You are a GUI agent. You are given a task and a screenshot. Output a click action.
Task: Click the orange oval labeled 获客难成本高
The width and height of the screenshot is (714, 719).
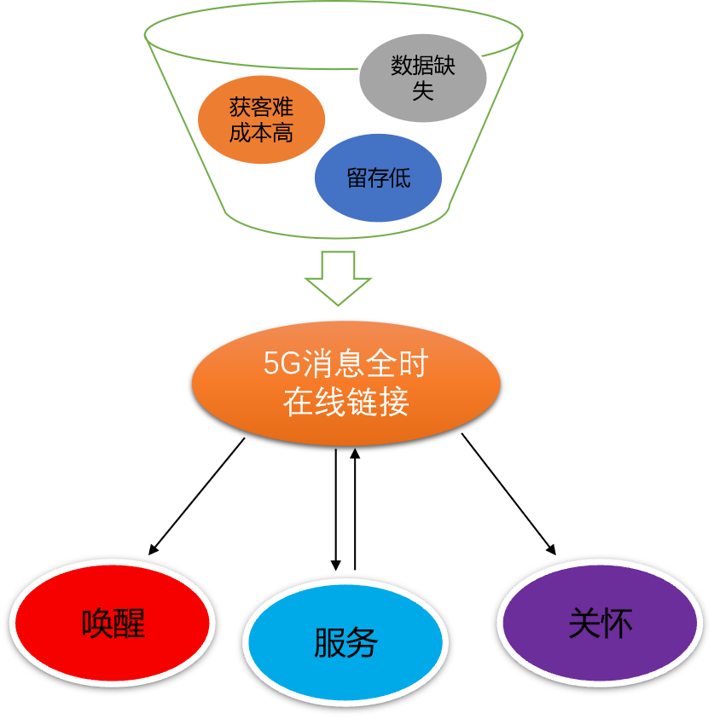pos(262,120)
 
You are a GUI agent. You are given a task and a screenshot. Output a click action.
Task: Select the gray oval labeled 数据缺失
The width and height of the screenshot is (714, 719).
pos(422,78)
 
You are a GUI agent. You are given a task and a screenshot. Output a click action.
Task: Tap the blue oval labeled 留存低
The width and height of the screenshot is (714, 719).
pos(378,177)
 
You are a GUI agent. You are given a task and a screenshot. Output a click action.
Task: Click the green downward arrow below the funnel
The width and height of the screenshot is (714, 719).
pos(339,278)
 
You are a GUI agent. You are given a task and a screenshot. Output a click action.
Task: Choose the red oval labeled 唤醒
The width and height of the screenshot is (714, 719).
pos(113,623)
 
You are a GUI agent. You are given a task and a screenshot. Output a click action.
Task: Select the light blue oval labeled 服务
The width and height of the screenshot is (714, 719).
pos(345,641)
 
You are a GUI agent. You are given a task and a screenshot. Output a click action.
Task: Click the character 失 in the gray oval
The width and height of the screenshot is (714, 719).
pos(423,91)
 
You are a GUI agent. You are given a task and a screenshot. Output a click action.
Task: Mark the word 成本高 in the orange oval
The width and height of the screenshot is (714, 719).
pos(262,133)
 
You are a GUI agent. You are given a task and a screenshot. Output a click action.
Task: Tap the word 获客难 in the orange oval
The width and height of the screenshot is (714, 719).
pos(262,108)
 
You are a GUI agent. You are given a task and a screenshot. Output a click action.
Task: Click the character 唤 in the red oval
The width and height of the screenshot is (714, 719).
pos(97,623)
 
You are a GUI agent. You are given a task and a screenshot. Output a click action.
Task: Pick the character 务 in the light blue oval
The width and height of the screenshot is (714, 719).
pos(362,642)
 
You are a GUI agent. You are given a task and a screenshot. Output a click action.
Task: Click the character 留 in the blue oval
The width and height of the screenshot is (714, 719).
pos(357,178)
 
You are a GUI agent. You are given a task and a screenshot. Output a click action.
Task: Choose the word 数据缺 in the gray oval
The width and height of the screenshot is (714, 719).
pos(423,67)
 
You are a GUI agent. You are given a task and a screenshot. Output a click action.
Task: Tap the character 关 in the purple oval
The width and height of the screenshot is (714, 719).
pos(584,623)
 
